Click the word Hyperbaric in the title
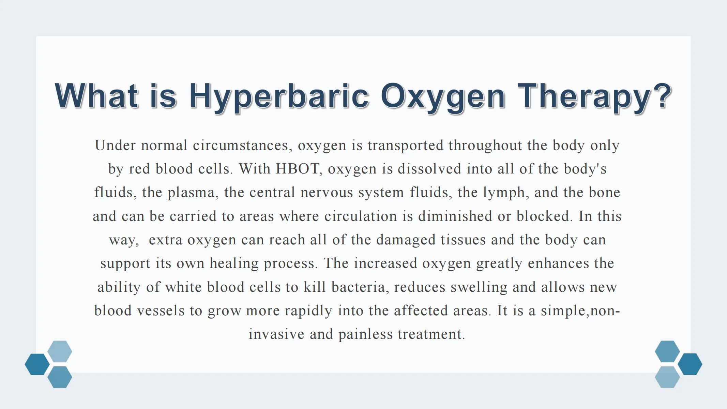coord(279,96)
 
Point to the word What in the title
coord(96,95)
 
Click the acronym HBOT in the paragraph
coord(298,169)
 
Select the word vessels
coord(161,310)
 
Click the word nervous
coord(327,193)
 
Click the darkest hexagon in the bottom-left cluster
coord(37,364)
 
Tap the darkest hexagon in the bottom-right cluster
coord(690,364)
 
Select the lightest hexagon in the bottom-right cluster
coord(667,377)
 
